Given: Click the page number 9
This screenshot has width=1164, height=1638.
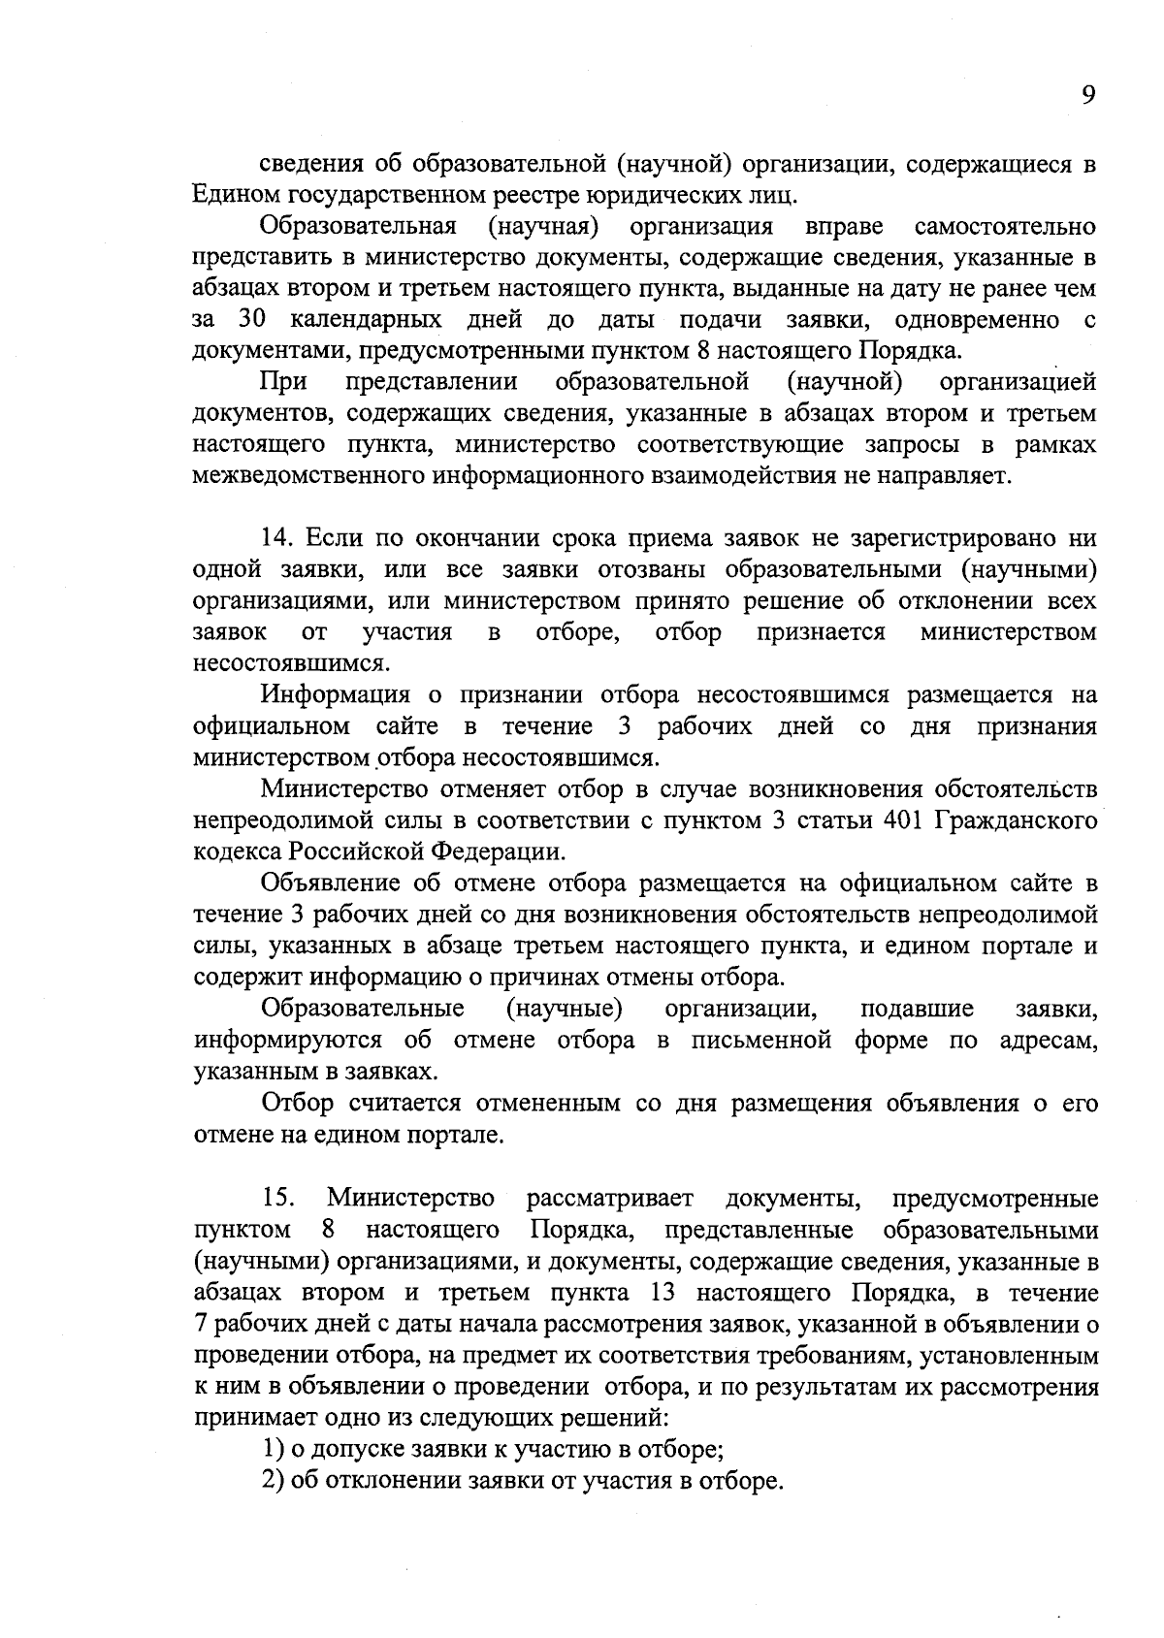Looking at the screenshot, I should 1088,95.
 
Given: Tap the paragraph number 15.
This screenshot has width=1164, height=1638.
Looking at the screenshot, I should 277,1199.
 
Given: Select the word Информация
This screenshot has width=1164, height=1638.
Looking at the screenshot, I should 337,695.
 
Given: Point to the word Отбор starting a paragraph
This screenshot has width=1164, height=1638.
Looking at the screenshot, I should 298,1104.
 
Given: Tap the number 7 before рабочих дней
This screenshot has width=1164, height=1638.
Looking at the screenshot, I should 200,1324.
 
